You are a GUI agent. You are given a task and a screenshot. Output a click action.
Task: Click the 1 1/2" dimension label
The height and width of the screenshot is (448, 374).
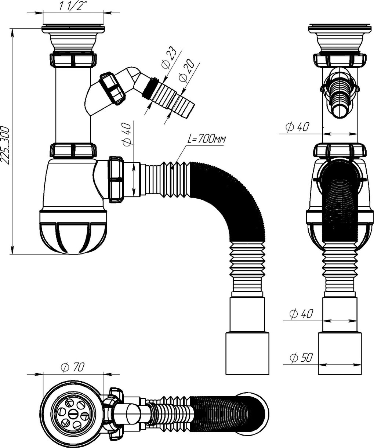tap(72, 7)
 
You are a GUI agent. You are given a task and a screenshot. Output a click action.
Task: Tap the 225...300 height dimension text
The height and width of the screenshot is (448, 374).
tap(5, 145)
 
